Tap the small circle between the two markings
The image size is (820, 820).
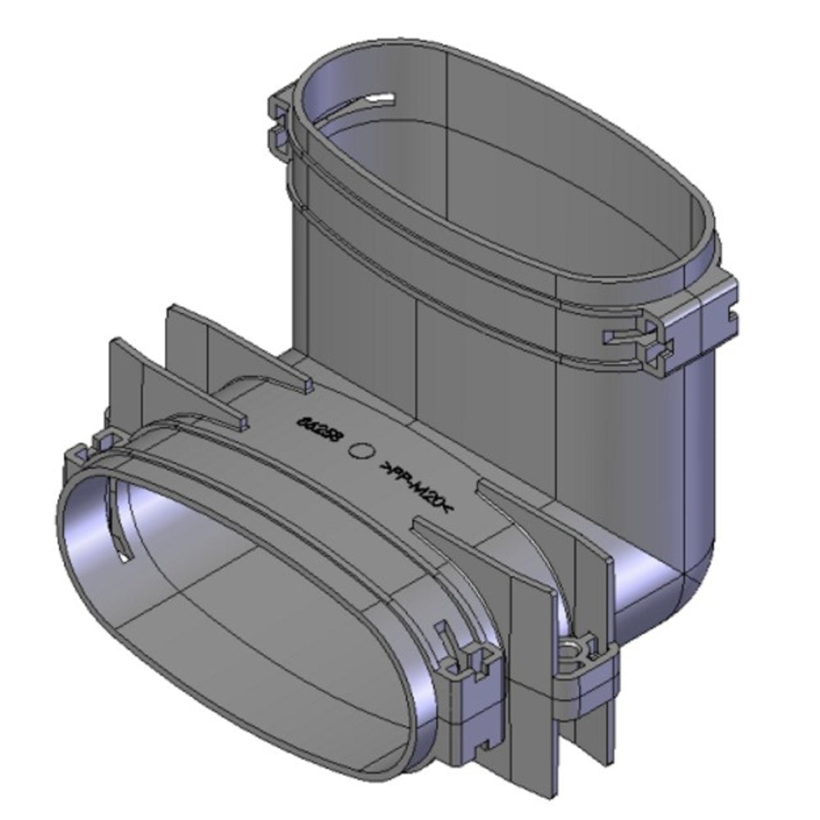coord(362,450)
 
